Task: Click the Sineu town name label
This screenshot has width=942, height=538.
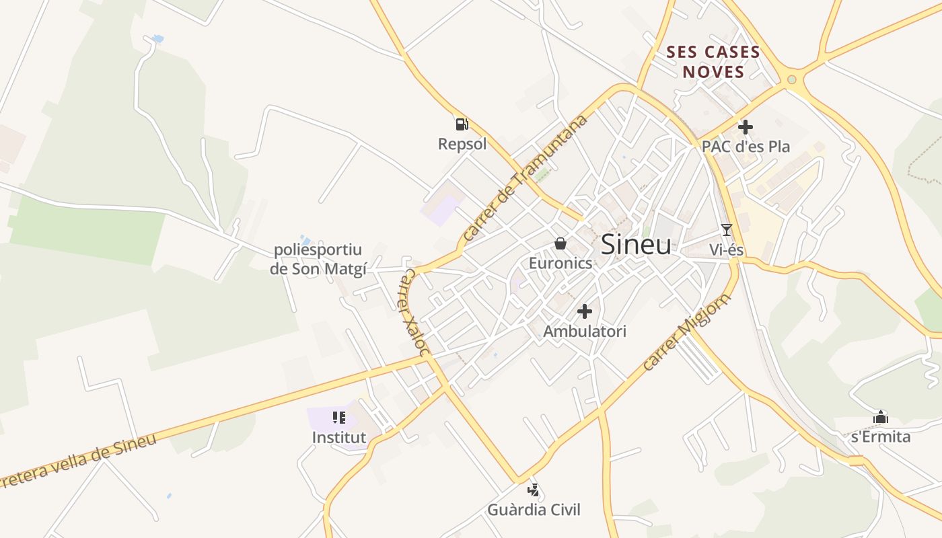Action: point(635,244)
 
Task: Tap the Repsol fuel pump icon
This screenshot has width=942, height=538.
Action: point(462,124)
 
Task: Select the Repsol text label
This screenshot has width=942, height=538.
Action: point(462,144)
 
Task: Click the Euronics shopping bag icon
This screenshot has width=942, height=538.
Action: point(560,243)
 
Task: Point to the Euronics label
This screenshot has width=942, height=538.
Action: point(560,263)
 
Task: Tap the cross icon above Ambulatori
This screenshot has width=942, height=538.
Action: point(585,311)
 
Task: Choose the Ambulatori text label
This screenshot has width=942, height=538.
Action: point(585,332)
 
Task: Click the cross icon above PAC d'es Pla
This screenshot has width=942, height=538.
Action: point(745,126)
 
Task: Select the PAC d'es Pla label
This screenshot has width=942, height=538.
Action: point(746,147)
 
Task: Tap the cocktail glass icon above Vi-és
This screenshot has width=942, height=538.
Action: point(726,229)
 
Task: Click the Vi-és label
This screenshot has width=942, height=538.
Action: point(726,250)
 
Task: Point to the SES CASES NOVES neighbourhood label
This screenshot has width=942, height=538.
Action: point(713,62)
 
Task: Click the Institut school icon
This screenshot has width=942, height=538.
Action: point(339,418)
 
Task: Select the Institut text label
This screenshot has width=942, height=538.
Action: point(339,438)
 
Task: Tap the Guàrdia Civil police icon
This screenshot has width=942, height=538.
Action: point(534,490)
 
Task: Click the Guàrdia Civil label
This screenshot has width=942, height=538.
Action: point(534,510)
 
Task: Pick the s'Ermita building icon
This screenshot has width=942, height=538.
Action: point(880,417)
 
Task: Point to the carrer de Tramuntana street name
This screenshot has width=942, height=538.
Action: point(525,178)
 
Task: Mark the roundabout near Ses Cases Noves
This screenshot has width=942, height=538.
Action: point(791,80)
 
